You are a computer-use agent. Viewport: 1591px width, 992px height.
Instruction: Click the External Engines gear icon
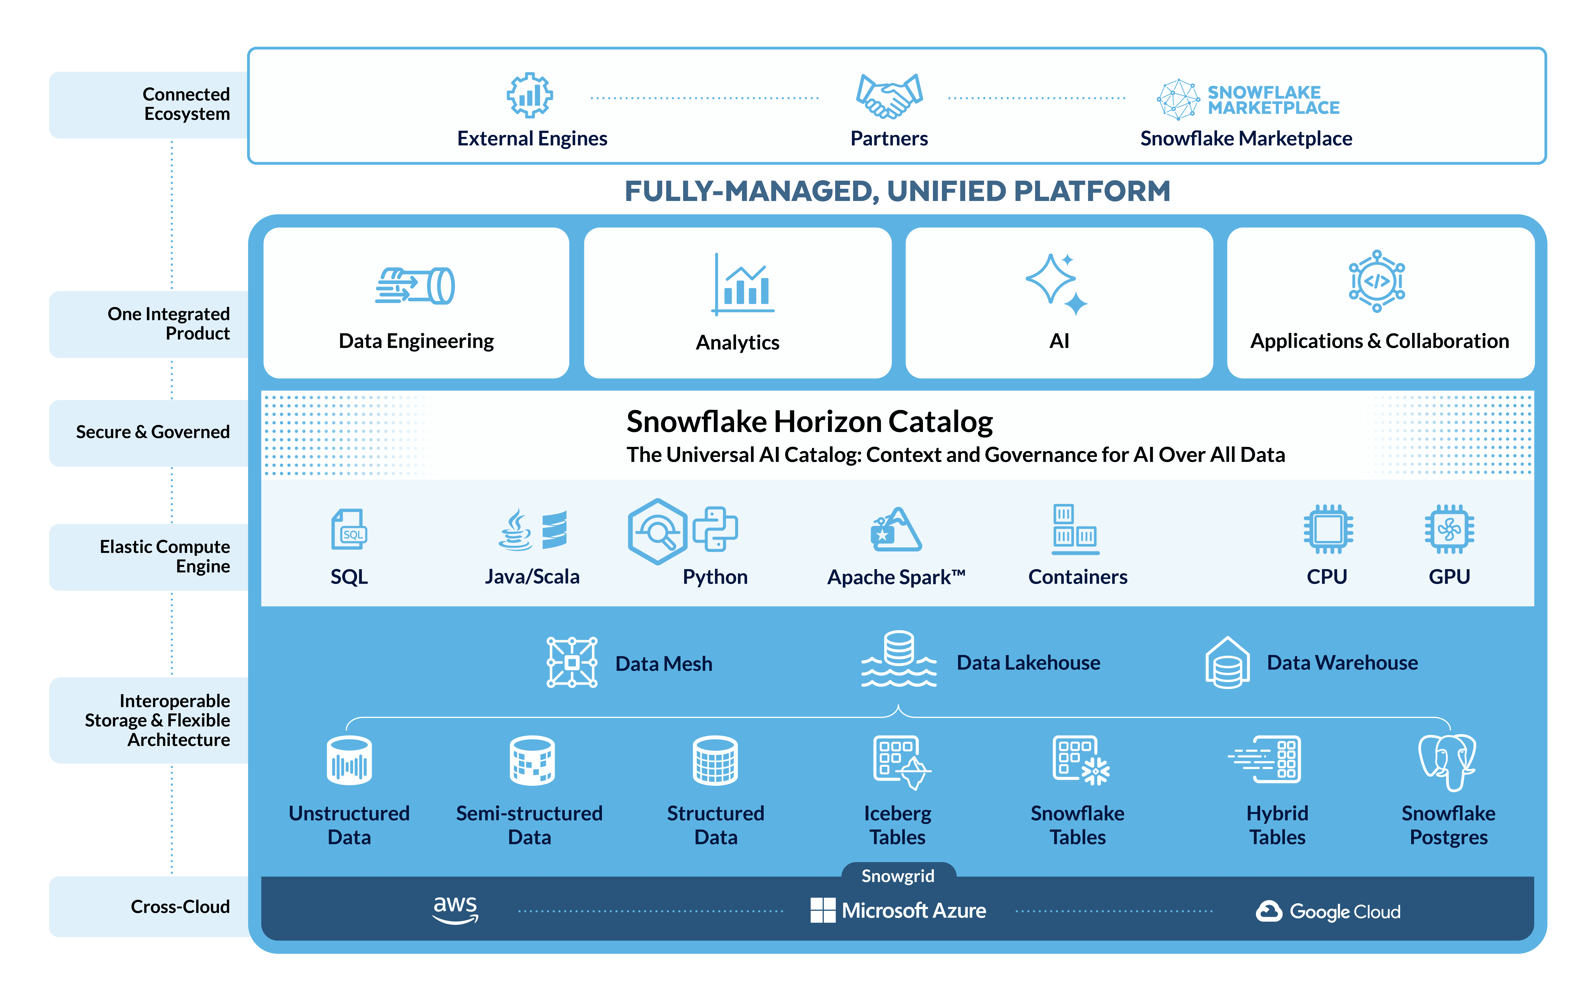pyautogui.click(x=530, y=96)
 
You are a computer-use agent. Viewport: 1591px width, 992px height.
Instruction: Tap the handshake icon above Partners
pyautogui.click(x=889, y=96)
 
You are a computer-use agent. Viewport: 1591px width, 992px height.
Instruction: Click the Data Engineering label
pyautogui.click(x=416, y=341)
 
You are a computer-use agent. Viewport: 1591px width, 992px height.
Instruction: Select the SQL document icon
pyautogui.click(x=348, y=529)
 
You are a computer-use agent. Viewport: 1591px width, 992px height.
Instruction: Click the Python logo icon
pyautogui.click(x=715, y=529)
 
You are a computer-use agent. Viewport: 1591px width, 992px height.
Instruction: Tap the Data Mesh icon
pyautogui.click(x=572, y=662)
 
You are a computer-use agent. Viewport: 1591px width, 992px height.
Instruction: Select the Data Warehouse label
pyautogui.click(x=1342, y=663)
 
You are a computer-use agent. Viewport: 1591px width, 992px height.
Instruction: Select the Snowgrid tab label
pyautogui.click(x=898, y=876)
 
